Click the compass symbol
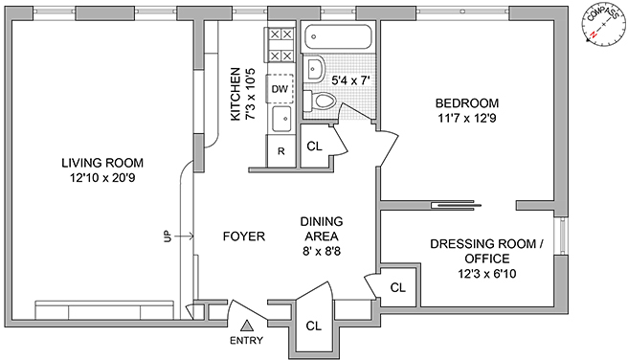(603, 25)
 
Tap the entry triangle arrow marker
(247, 326)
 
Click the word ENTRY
(246, 341)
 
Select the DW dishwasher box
(280, 88)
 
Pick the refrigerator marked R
(281, 151)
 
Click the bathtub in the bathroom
(338, 36)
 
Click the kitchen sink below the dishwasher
(282, 119)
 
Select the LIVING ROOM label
(102, 163)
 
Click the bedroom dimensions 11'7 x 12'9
(466, 119)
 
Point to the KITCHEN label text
(235, 94)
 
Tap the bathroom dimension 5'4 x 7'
(349, 80)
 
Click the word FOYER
(244, 236)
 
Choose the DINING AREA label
(322, 229)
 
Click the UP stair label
(168, 236)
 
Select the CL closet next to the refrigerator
(314, 146)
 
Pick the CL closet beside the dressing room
(397, 287)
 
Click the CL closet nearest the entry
(314, 326)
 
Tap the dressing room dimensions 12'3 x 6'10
(487, 274)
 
